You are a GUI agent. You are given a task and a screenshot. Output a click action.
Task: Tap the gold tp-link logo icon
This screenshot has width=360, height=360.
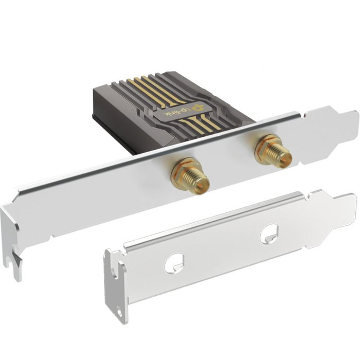[197, 107]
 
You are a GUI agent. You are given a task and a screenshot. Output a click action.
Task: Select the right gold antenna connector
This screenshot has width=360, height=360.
[273, 151]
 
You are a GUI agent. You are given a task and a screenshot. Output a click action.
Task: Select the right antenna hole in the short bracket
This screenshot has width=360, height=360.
[269, 234]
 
